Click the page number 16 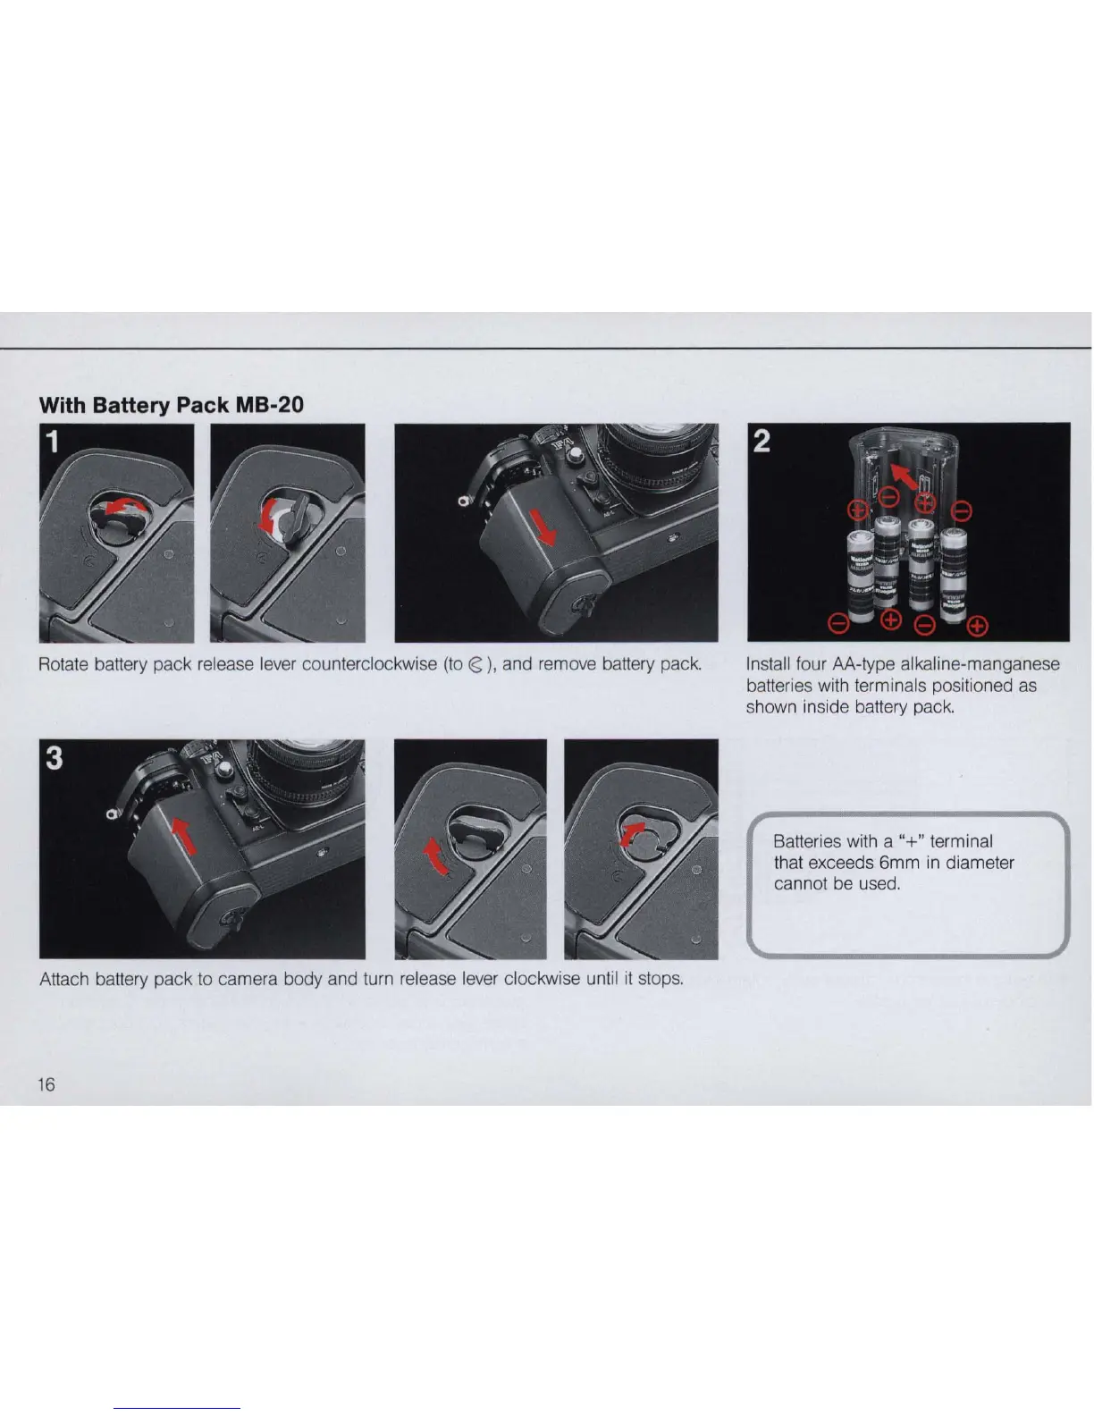46,1084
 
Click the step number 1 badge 53,442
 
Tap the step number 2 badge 761,441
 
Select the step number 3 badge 55,758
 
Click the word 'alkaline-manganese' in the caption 980,665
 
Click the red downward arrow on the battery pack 543,527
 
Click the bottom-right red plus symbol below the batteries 978,627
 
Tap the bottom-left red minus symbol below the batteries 838,624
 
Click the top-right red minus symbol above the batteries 963,511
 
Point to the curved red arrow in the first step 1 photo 127,503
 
